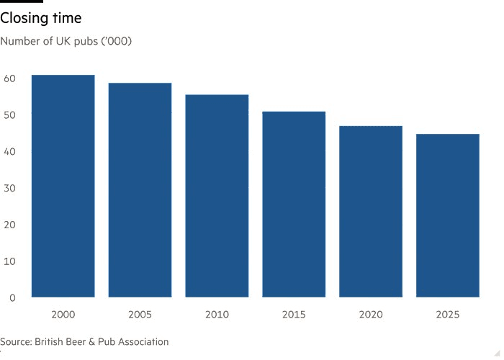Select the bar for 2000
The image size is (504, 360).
click(63, 186)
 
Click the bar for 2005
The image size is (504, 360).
click(140, 190)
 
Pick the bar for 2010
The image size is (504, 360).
click(217, 196)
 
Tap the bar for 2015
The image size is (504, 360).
click(294, 204)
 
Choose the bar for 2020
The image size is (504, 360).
click(371, 212)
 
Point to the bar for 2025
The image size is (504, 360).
click(448, 216)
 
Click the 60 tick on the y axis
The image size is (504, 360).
click(9, 78)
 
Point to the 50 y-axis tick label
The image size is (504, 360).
click(9, 115)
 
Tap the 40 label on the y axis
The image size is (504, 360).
click(9, 151)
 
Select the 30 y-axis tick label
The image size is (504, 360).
click(9, 188)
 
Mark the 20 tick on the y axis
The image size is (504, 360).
click(9, 225)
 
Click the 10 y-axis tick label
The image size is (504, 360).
click(9, 261)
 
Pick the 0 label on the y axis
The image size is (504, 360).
click(12, 298)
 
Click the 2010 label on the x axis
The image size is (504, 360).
click(217, 315)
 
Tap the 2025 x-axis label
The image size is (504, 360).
click(448, 315)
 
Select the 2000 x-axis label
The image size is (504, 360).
click(63, 315)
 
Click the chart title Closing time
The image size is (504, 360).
click(41, 18)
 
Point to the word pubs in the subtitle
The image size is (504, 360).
click(86, 42)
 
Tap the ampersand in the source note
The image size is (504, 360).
click(92, 342)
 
